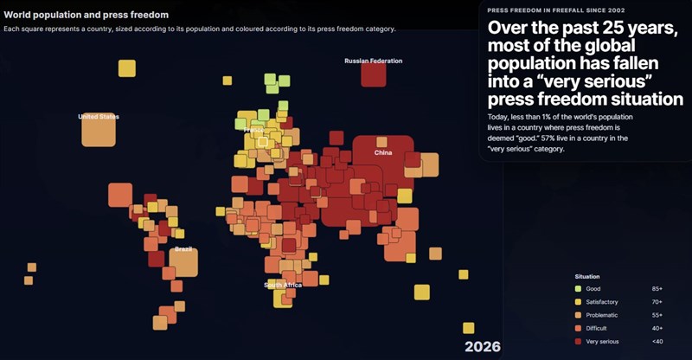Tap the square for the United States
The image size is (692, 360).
pos(99,131)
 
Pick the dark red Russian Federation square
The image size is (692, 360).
pos(373,75)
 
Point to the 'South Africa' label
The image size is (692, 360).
pos(283,285)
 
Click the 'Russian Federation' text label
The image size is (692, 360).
pos(373,61)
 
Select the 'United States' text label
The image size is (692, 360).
pos(99,116)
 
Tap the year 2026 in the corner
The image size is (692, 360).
pos(482,347)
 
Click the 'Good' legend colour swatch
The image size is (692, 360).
pos(578,288)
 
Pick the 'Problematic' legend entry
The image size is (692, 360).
pos(602,315)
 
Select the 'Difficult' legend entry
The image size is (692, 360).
pos(596,328)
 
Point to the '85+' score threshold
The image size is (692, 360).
pos(658,288)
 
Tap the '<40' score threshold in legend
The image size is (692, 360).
pos(658,342)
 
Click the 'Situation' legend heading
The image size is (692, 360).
pos(587,276)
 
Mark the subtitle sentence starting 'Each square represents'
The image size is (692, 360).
pos(199,29)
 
